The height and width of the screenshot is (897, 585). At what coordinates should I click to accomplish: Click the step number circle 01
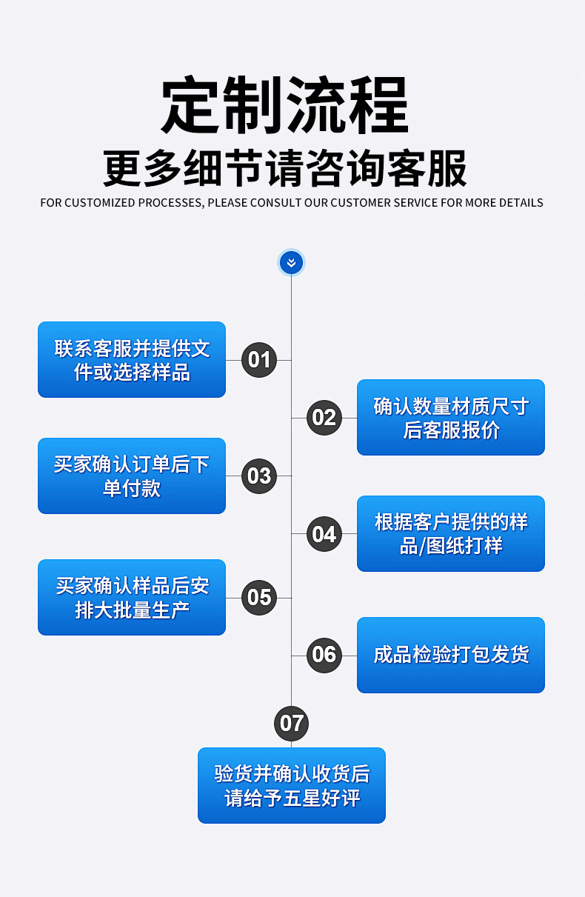pyautogui.click(x=259, y=360)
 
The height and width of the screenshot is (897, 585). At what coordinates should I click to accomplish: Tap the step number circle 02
pyautogui.click(x=324, y=418)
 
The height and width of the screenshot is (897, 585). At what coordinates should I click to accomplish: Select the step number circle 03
pyautogui.click(x=259, y=476)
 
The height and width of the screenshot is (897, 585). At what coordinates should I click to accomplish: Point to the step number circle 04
pyautogui.click(x=324, y=534)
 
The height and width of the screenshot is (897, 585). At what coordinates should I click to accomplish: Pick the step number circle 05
pyautogui.click(x=259, y=598)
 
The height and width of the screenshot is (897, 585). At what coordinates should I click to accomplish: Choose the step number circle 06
pyautogui.click(x=324, y=655)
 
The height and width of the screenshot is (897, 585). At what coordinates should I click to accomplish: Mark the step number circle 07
pyautogui.click(x=292, y=724)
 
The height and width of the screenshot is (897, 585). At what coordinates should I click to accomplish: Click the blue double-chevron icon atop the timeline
pyautogui.click(x=291, y=263)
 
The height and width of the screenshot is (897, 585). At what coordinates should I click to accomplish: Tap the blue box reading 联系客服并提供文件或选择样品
pyautogui.click(x=132, y=360)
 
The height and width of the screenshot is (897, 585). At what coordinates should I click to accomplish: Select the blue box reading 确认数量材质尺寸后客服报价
pyautogui.click(x=450, y=418)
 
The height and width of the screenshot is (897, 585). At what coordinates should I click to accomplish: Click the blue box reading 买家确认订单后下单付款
pyautogui.click(x=132, y=476)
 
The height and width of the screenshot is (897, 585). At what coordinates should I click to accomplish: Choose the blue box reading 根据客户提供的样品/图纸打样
pyautogui.click(x=450, y=534)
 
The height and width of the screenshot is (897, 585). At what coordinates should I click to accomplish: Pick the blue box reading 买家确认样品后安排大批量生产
pyautogui.click(x=132, y=598)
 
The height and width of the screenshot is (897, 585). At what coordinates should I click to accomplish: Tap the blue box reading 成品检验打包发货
pyautogui.click(x=450, y=655)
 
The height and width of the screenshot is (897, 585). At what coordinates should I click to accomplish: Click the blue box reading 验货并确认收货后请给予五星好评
pyautogui.click(x=292, y=786)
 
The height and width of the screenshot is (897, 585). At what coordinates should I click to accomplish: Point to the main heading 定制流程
pyautogui.click(x=285, y=106)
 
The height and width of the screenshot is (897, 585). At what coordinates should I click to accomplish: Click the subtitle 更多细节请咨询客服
pyautogui.click(x=285, y=169)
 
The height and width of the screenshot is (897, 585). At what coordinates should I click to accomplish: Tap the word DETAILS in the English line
pyautogui.click(x=521, y=203)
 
